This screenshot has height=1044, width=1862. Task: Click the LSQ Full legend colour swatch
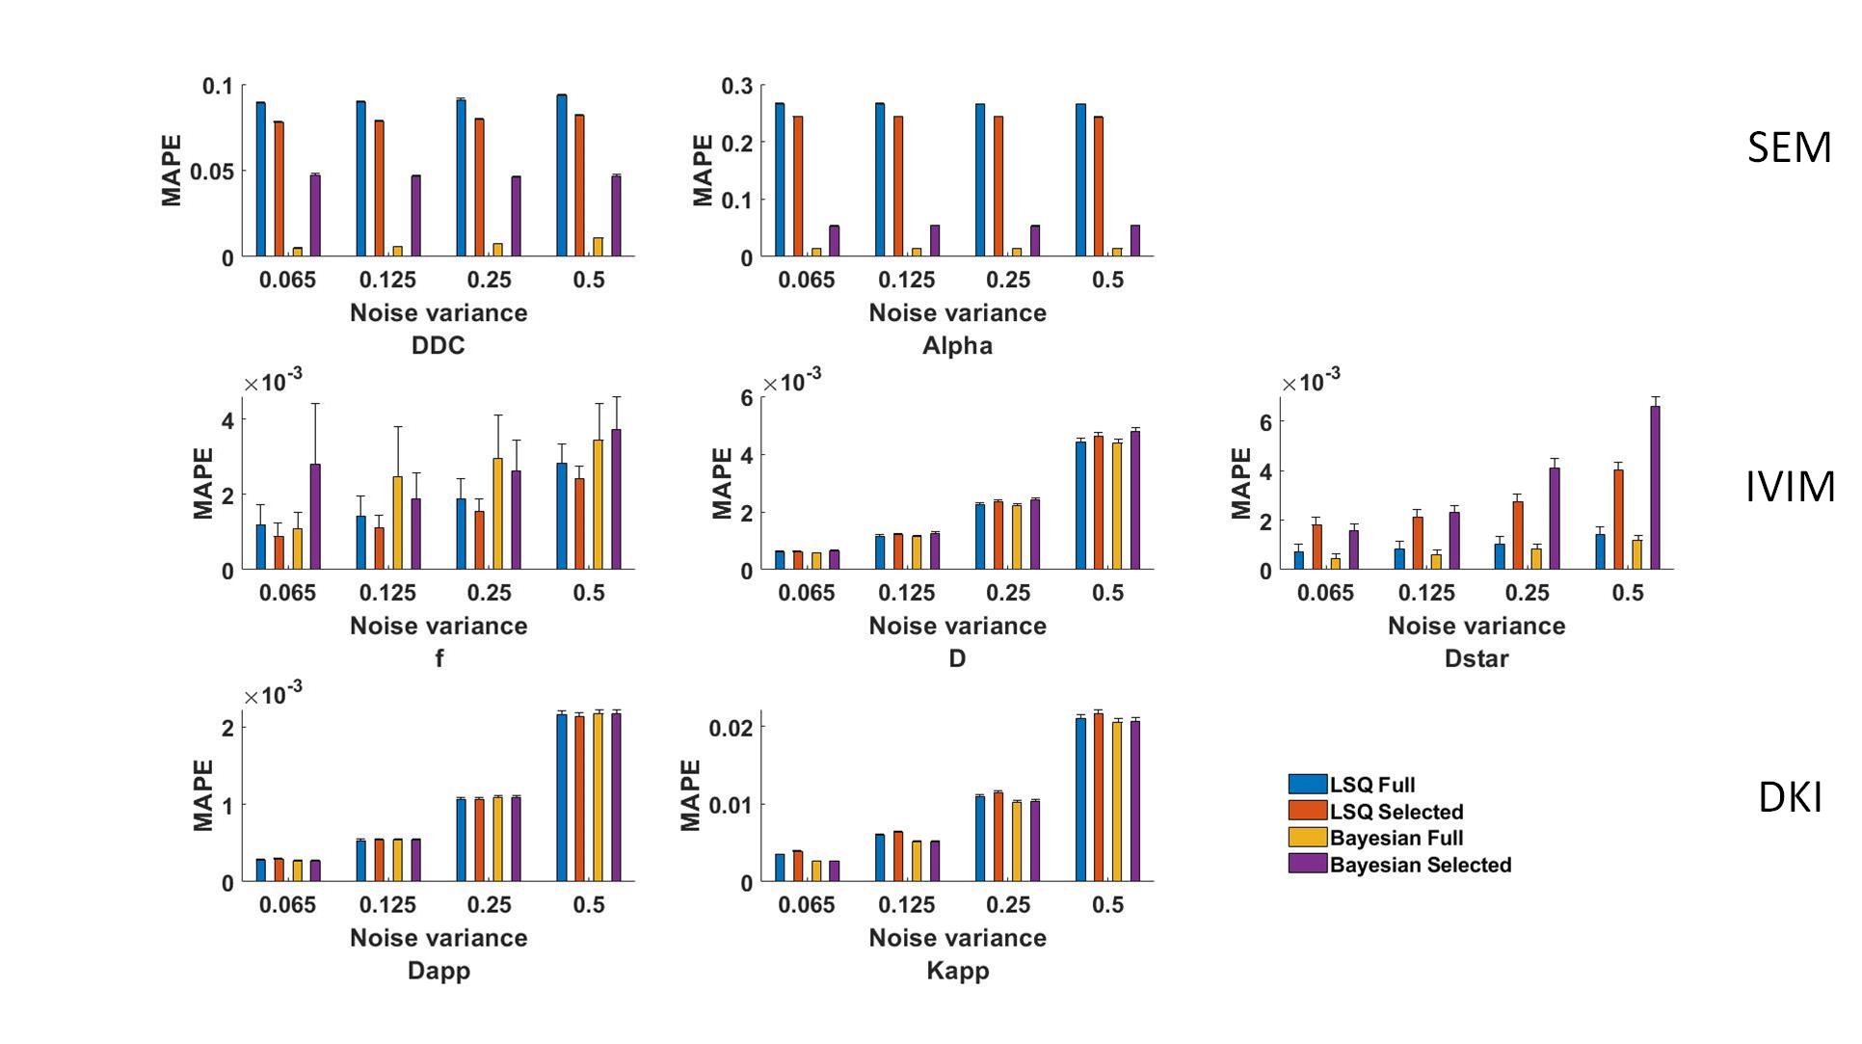pos(1307,784)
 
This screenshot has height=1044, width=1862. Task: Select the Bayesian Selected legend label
pos(1420,865)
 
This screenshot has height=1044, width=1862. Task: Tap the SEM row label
pos(1789,147)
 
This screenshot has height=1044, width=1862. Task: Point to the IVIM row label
pos(1790,486)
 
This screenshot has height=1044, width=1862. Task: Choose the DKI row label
pos(1790,798)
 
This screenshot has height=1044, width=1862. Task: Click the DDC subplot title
pos(438,345)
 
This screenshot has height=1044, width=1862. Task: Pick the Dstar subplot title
pos(1476,658)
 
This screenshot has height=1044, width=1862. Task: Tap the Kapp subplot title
pos(957,971)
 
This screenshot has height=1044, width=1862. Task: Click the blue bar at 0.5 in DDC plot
pos(562,175)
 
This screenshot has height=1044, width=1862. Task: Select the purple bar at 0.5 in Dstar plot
pos(1656,487)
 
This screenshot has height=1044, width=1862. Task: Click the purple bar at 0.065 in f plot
pos(315,517)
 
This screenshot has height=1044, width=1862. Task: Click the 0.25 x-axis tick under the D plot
pos(1007,593)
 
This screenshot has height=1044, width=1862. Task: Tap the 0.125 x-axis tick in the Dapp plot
pos(387,905)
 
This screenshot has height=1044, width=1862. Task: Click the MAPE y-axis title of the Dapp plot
pos(203,795)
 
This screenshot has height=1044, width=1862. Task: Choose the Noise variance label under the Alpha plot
pos(957,313)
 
